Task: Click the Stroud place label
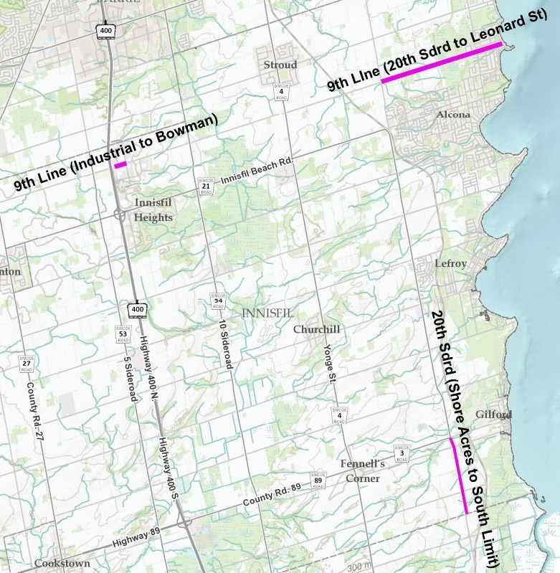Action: pyautogui.click(x=280, y=65)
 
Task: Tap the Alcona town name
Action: pyautogui.click(x=453, y=115)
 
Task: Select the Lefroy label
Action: pyautogui.click(x=451, y=264)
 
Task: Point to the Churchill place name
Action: pyautogui.click(x=316, y=329)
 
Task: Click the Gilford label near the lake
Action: pyautogui.click(x=493, y=415)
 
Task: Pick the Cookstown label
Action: pyautogui.click(x=62, y=564)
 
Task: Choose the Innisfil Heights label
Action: pyautogui.click(x=153, y=210)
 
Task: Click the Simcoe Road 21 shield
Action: pyautogui.click(x=205, y=188)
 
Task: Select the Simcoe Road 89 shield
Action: pyautogui.click(x=318, y=480)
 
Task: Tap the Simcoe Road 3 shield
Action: pyautogui.click(x=403, y=452)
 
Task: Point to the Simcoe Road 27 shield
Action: pyautogui.click(x=27, y=364)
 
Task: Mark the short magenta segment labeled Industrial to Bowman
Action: pyautogui.click(x=120, y=164)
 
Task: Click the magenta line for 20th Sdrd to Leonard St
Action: pyautogui.click(x=441, y=62)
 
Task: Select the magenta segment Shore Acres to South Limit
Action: pyautogui.click(x=458, y=475)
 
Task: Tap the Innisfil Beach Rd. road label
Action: pyautogui.click(x=257, y=171)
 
